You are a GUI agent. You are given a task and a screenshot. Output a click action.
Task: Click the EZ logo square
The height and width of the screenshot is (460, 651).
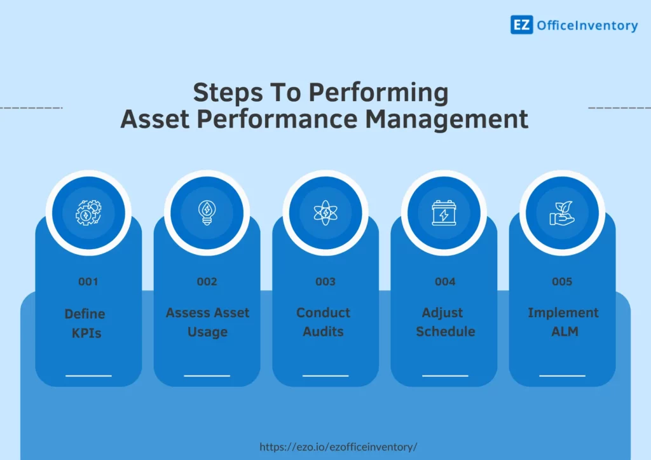pyautogui.click(x=521, y=25)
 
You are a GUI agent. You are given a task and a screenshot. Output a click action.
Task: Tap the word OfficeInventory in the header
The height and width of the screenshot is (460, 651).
pyautogui.click(x=587, y=25)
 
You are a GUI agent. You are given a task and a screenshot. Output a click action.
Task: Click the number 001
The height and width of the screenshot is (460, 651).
pyautogui.click(x=88, y=281)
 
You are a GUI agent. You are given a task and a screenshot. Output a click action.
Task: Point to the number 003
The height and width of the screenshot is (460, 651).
pyautogui.click(x=325, y=281)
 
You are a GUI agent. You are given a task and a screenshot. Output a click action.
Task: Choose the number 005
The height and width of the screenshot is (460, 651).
pyautogui.click(x=562, y=281)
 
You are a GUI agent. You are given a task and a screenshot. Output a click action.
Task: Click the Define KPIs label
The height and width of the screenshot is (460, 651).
pyautogui.click(x=85, y=323)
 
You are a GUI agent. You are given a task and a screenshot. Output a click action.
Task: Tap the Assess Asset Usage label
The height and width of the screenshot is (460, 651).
pyautogui.click(x=207, y=322)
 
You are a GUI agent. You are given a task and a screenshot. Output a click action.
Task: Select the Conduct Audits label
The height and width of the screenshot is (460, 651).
pyautogui.click(x=323, y=322)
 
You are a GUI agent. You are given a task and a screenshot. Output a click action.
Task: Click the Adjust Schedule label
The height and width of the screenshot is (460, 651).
pyautogui.click(x=445, y=322)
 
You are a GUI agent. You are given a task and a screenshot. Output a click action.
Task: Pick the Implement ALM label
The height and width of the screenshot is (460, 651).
pyautogui.click(x=563, y=322)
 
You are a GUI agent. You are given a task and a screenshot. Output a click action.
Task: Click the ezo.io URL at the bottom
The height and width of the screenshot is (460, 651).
pyautogui.click(x=338, y=447)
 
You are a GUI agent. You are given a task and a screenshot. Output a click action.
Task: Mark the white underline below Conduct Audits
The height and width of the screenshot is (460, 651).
pyautogui.click(x=325, y=375)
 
